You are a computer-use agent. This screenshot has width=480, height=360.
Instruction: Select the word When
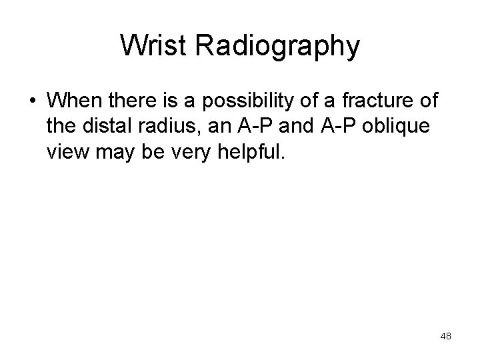(75, 102)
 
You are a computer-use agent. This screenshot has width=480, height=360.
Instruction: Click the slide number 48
(446, 337)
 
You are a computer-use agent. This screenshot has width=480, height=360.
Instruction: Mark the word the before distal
(63, 128)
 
